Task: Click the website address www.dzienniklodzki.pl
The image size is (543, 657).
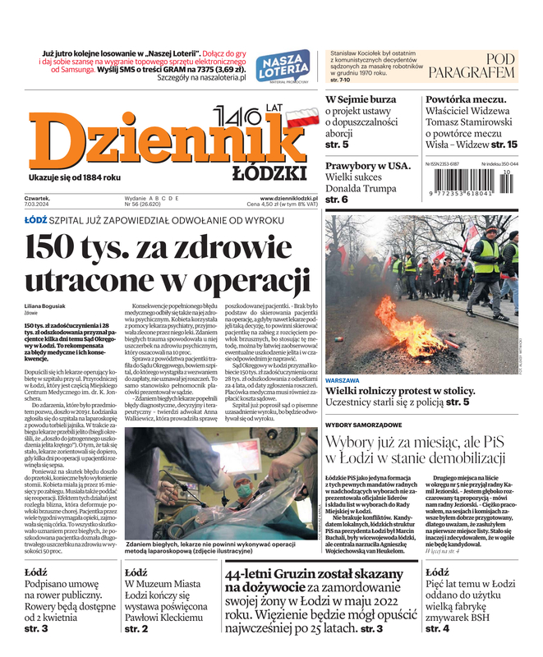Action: [x=289, y=199]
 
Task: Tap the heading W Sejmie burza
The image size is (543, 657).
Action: [x=361, y=99]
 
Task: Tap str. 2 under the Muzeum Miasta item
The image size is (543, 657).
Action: [x=136, y=628]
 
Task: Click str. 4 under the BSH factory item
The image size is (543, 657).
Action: [x=438, y=628]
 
